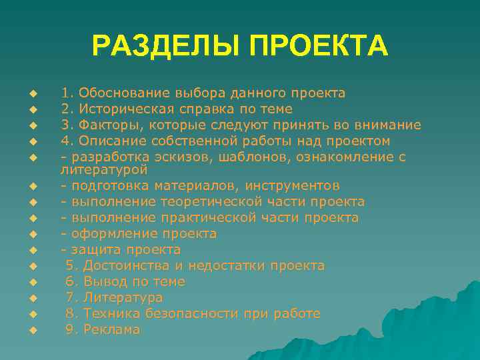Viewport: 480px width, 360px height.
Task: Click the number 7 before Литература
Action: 70,297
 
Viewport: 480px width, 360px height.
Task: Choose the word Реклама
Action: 112,329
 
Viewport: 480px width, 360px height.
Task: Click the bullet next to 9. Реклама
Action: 32,330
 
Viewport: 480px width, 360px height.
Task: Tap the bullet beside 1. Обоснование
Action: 32,93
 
